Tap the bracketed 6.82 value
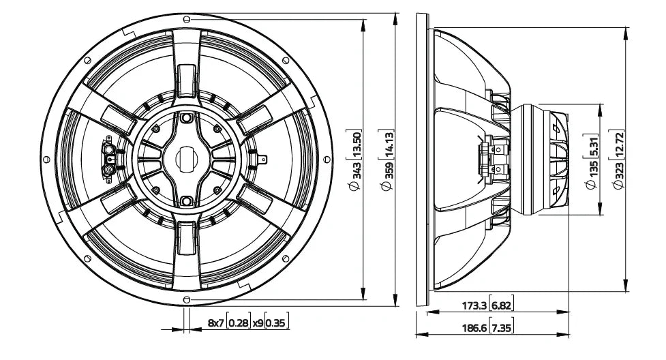point(502,306)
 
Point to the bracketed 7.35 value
point(502,328)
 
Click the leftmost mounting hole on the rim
point(46,159)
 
